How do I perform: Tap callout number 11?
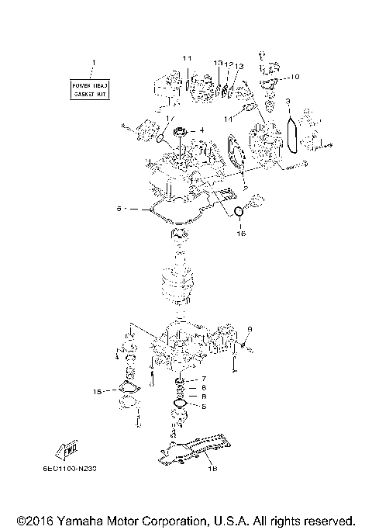tap(187, 60)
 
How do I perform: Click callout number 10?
tap(295, 77)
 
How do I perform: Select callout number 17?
tap(169, 119)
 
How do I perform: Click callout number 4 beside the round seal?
tap(202, 130)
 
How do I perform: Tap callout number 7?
tap(203, 378)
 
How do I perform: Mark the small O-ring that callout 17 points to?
tap(160, 140)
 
